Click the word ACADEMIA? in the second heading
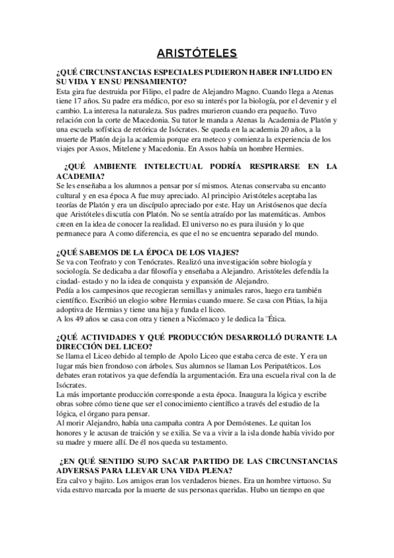[x=80, y=176]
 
